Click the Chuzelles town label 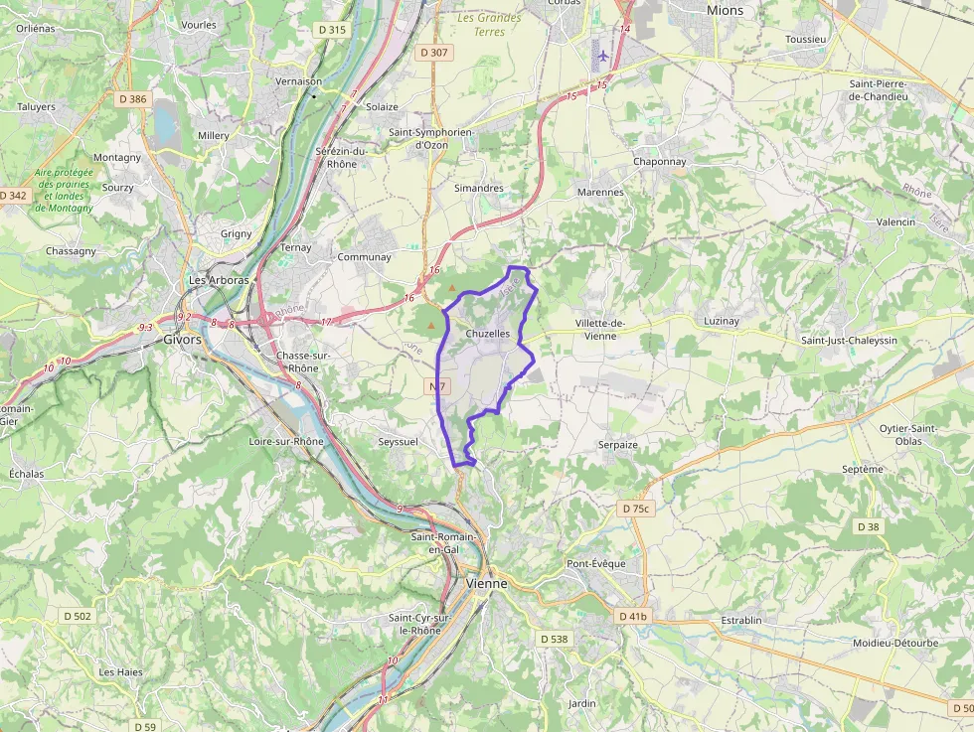click(487, 334)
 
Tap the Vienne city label click(487, 584)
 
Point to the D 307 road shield click(434, 52)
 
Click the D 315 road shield click(332, 30)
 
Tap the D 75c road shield click(635, 509)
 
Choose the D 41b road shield click(632, 616)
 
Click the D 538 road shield click(553, 639)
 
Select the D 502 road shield click(76, 616)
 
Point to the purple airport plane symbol click(602, 54)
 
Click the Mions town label click(725, 10)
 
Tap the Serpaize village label click(617, 445)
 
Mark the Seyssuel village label click(399, 441)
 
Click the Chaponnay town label click(659, 161)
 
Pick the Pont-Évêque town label click(596, 564)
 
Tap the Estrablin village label click(740, 621)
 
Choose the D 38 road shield click(868, 526)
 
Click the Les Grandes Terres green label click(490, 25)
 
